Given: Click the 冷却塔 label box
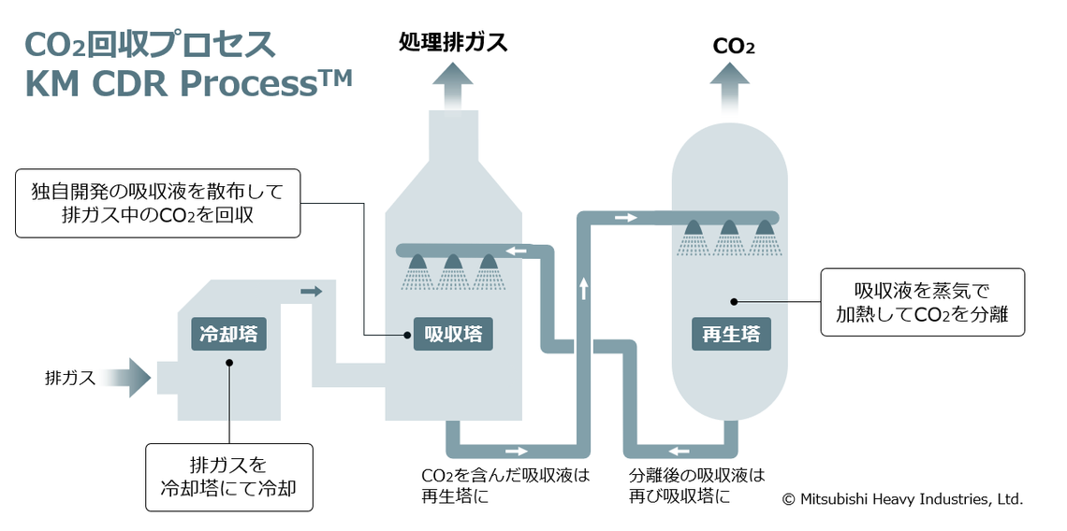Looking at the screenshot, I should (x=228, y=333).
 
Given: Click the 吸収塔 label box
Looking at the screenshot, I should (x=454, y=333).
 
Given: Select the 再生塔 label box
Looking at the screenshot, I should (x=731, y=333).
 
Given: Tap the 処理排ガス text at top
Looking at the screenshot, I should (x=453, y=42).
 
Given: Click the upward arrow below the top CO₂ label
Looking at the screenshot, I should (x=729, y=89).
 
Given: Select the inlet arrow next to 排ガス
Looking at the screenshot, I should (x=128, y=378).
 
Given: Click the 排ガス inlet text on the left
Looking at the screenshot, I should (x=70, y=379).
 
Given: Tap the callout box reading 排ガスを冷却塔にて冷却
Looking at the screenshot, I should (x=228, y=476).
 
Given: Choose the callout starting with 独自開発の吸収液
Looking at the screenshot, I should (x=157, y=203).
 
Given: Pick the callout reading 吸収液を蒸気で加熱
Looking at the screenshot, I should (x=922, y=302).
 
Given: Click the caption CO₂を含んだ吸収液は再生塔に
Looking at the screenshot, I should (x=505, y=485).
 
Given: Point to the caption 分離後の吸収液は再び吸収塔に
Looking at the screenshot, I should (x=696, y=485).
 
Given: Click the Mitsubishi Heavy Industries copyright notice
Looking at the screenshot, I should (x=902, y=499).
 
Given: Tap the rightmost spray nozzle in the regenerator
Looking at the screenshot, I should (x=765, y=227).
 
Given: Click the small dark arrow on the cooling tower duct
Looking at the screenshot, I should (x=312, y=292).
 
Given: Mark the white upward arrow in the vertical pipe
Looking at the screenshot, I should (x=583, y=288).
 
